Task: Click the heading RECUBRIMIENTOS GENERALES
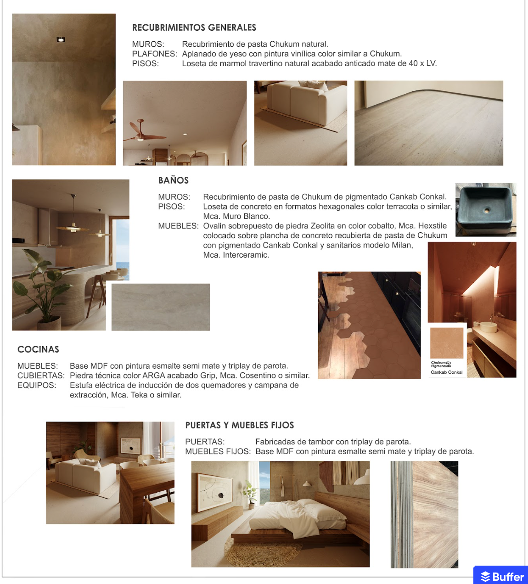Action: pos(194,28)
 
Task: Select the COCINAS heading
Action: pos(38,349)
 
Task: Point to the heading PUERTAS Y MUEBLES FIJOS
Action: pos(240,425)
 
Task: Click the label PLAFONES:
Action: pos(154,54)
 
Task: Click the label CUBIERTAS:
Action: pos(41,376)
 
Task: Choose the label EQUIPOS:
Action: pos(37,385)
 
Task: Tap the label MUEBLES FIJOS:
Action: pos(218,451)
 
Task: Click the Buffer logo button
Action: pos(502,576)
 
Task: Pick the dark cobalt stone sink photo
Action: pos(486,209)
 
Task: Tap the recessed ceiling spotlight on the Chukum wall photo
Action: pos(61,39)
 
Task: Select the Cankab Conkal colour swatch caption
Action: pos(446,372)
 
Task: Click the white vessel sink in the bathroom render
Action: pos(488,327)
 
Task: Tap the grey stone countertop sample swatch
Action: pos(161,307)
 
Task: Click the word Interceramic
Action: pos(246,255)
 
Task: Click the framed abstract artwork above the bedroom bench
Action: pos(215,490)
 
